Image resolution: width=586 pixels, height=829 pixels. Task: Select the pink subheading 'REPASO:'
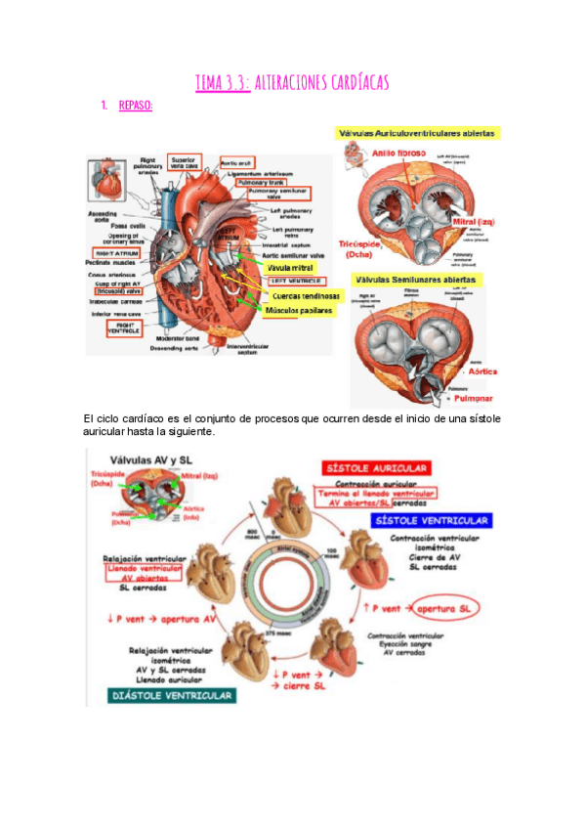[x=135, y=106]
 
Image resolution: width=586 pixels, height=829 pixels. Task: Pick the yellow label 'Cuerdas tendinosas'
[x=305, y=295]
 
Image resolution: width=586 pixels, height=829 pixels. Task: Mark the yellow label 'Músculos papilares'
[x=299, y=311]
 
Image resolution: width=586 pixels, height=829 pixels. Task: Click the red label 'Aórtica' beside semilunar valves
[x=483, y=371]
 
